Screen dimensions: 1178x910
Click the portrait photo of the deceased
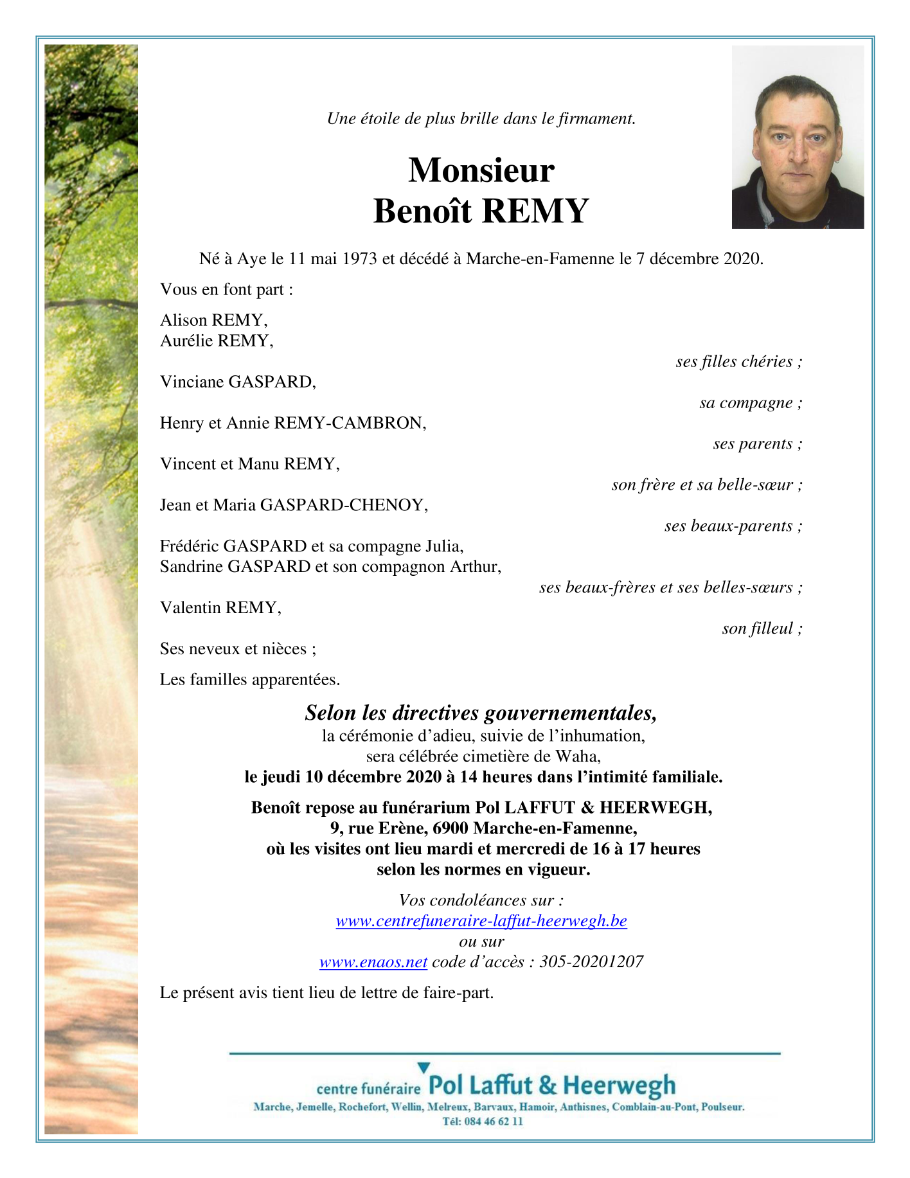coord(798,137)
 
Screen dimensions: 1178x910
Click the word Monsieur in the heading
coord(481,171)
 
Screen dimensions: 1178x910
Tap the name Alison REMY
coord(213,320)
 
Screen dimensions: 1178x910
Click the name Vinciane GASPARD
coord(238,382)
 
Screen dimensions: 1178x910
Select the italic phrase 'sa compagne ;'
coord(751,403)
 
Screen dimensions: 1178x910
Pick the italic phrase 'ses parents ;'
coord(757,444)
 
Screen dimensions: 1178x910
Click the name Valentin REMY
coord(220,608)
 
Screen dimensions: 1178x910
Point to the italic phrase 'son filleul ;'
coord(762,629)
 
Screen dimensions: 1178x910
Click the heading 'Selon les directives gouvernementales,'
coord(481,713)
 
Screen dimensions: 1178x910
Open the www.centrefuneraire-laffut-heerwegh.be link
coord(481,921)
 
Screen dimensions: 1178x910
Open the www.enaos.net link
coord(373,962)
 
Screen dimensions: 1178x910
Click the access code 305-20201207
coord(591,962)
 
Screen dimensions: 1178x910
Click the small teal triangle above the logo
coord(424,1067)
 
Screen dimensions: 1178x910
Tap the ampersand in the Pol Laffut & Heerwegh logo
coord(548,1085)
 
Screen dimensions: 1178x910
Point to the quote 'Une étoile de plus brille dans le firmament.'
coord(481,119)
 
